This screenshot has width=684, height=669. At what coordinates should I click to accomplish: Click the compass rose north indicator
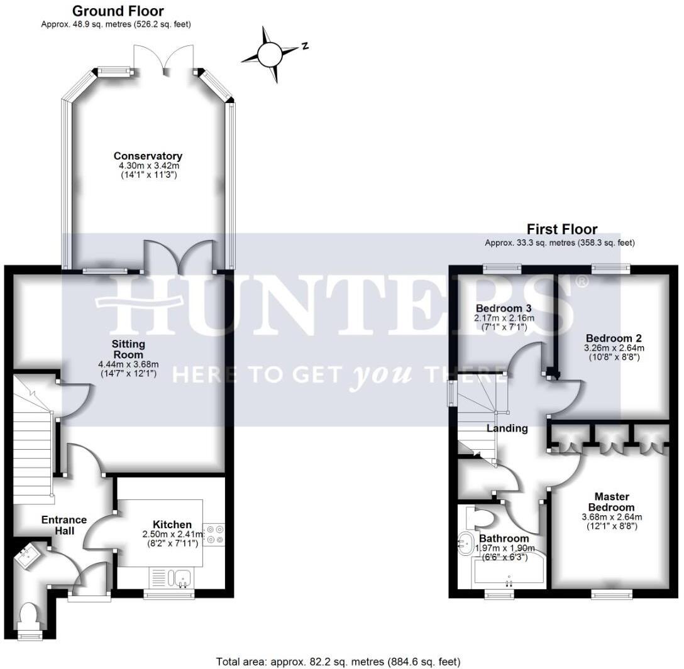click(x=272, y=54)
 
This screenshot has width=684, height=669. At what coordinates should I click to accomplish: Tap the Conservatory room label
click(x=148, y=156)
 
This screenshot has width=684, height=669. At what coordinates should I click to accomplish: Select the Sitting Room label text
click(x=129, y=349)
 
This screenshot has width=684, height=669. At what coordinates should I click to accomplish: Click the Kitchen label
click(x=172, y=525)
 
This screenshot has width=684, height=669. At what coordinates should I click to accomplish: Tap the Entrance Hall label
click(x=63, y=525)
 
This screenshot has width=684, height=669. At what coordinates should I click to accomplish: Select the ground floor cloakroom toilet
click(x=30, y=616)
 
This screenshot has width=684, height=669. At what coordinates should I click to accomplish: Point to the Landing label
click(x=507, y=428)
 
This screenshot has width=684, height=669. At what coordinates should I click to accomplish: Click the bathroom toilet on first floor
click(x=480, y=519)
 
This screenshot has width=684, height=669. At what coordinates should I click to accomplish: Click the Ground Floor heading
click(x=118, y=11)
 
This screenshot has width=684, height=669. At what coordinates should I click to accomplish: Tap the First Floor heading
click(x=561, y=229)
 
